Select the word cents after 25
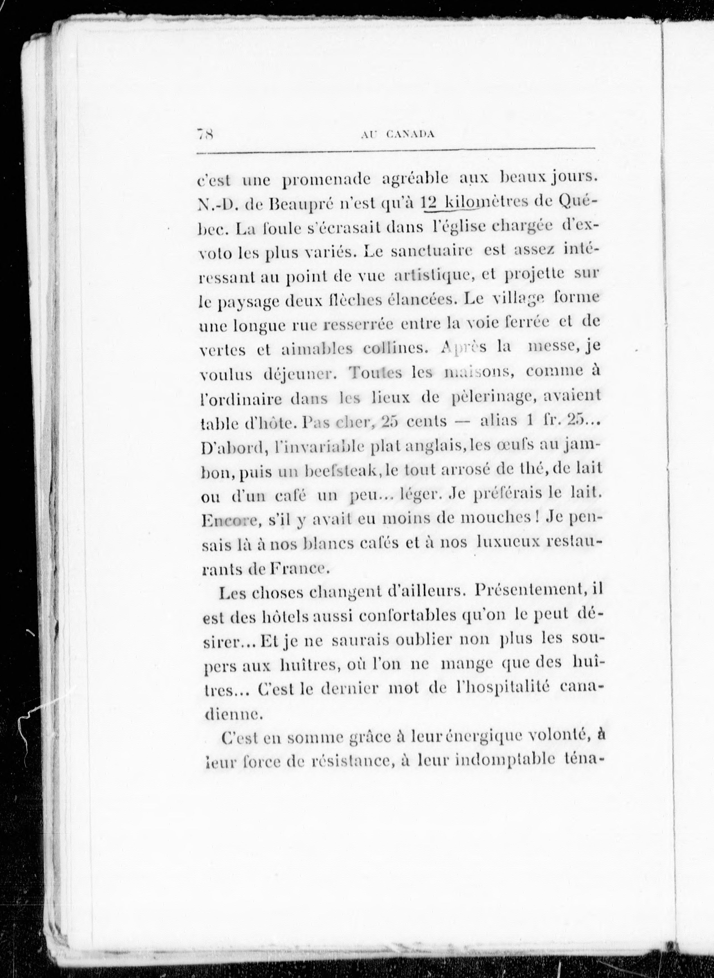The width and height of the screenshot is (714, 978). pyautogui.click(x=427, y=422)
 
